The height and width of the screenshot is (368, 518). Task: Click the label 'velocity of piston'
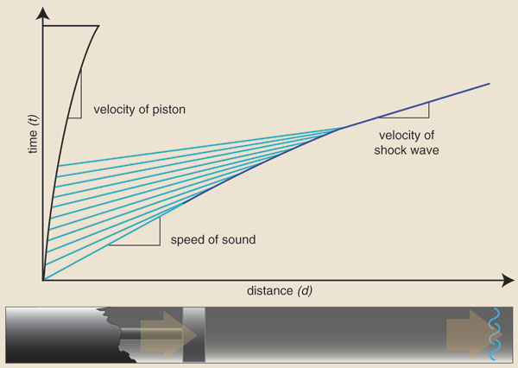pos(139,110)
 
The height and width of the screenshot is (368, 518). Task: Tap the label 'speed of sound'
pos(213,239)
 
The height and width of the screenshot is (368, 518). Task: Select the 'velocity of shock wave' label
pos(407,143)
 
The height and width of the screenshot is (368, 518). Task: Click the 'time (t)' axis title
pos(34,134)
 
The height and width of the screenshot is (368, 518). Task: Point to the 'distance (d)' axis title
pos(280,291)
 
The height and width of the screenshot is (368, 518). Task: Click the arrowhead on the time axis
pos(42,13)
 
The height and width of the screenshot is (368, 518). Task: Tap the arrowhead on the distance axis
pos(508,281)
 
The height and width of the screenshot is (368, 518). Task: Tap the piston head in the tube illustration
pos(194,334)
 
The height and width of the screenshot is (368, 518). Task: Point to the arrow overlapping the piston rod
pos(169,335)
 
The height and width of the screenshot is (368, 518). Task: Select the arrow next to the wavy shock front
pos(474,334)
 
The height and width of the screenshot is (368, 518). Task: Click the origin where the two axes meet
pos(43,281)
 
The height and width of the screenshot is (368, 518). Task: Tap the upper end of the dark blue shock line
pos(490,84)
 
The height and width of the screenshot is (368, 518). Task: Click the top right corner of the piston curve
pos(98,26)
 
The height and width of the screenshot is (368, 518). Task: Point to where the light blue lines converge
pos(339,128)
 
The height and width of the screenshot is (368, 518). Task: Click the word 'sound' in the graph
pos(239,239)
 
